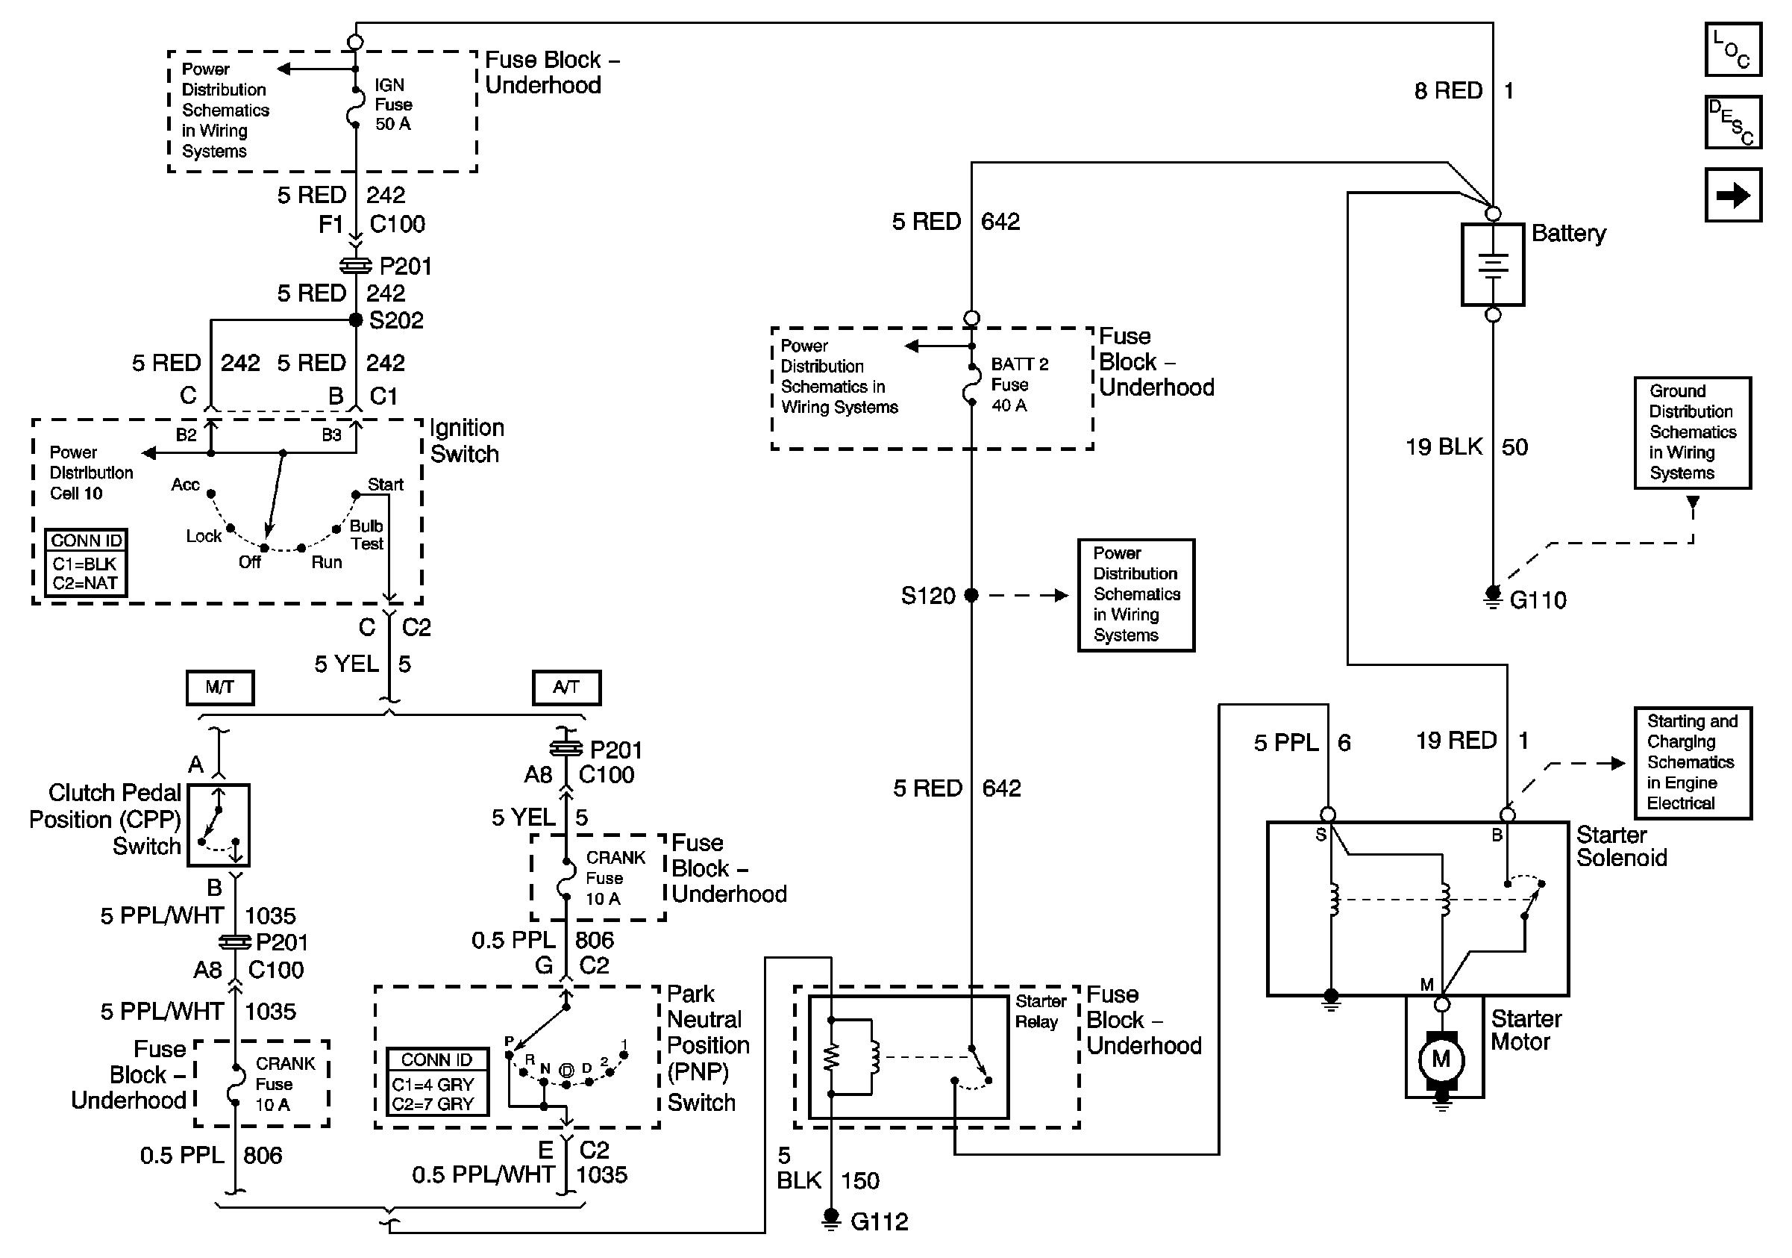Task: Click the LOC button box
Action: point(1732,50)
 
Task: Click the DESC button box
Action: point(1732,122)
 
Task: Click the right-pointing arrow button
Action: point(1732,194)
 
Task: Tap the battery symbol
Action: point(1491,265)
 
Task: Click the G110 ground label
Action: point(1537,600)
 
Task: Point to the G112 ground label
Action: point(879,1221)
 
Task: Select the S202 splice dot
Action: point(356,320)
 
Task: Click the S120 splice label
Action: point(928,596)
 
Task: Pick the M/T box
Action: point(220,687)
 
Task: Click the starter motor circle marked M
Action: point(1441,1059)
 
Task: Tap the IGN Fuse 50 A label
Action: point(393,105)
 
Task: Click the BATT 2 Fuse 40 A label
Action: point(1018,384)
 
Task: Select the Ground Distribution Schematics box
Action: point(1692,432)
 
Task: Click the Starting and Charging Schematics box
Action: point(1692,762)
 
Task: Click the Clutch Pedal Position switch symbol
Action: point(219,826)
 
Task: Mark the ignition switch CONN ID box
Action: point(86,563)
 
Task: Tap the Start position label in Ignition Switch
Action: point(385,484)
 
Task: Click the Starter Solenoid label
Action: point(1621,847)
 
